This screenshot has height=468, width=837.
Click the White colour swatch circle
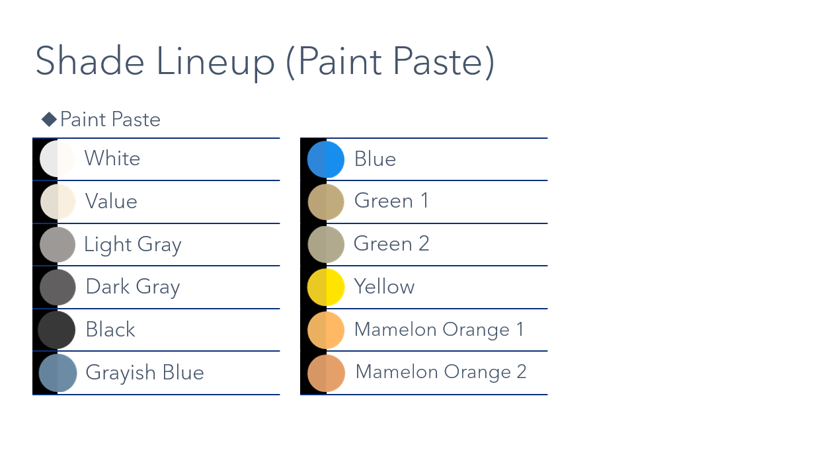(58, 159)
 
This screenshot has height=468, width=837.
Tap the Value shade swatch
(58, 202)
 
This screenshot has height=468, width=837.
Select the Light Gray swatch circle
(58, 245)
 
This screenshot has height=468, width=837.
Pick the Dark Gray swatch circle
(58, 288)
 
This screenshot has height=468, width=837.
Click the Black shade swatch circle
(56, 330)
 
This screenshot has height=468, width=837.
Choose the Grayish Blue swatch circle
(58, 373)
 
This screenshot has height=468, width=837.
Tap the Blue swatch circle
(326, 159)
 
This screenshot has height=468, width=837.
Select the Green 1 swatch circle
(326, 202)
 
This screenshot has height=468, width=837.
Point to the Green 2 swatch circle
(326, 245)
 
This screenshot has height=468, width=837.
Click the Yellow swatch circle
(326, 288)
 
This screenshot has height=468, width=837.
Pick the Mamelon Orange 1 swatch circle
(326, 330)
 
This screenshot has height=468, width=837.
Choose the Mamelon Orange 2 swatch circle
(326, 373)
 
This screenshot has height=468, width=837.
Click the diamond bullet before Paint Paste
(49, 120)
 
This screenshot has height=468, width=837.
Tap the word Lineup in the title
(216, 62)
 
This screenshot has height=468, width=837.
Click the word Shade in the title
(90, 61)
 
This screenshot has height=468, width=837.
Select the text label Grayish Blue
(145, 373)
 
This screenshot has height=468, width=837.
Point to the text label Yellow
(384, 286)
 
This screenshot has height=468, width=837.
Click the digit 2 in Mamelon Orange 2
(522, 371)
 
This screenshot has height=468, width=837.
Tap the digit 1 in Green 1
(424, 200)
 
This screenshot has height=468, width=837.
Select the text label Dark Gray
(133, 288)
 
